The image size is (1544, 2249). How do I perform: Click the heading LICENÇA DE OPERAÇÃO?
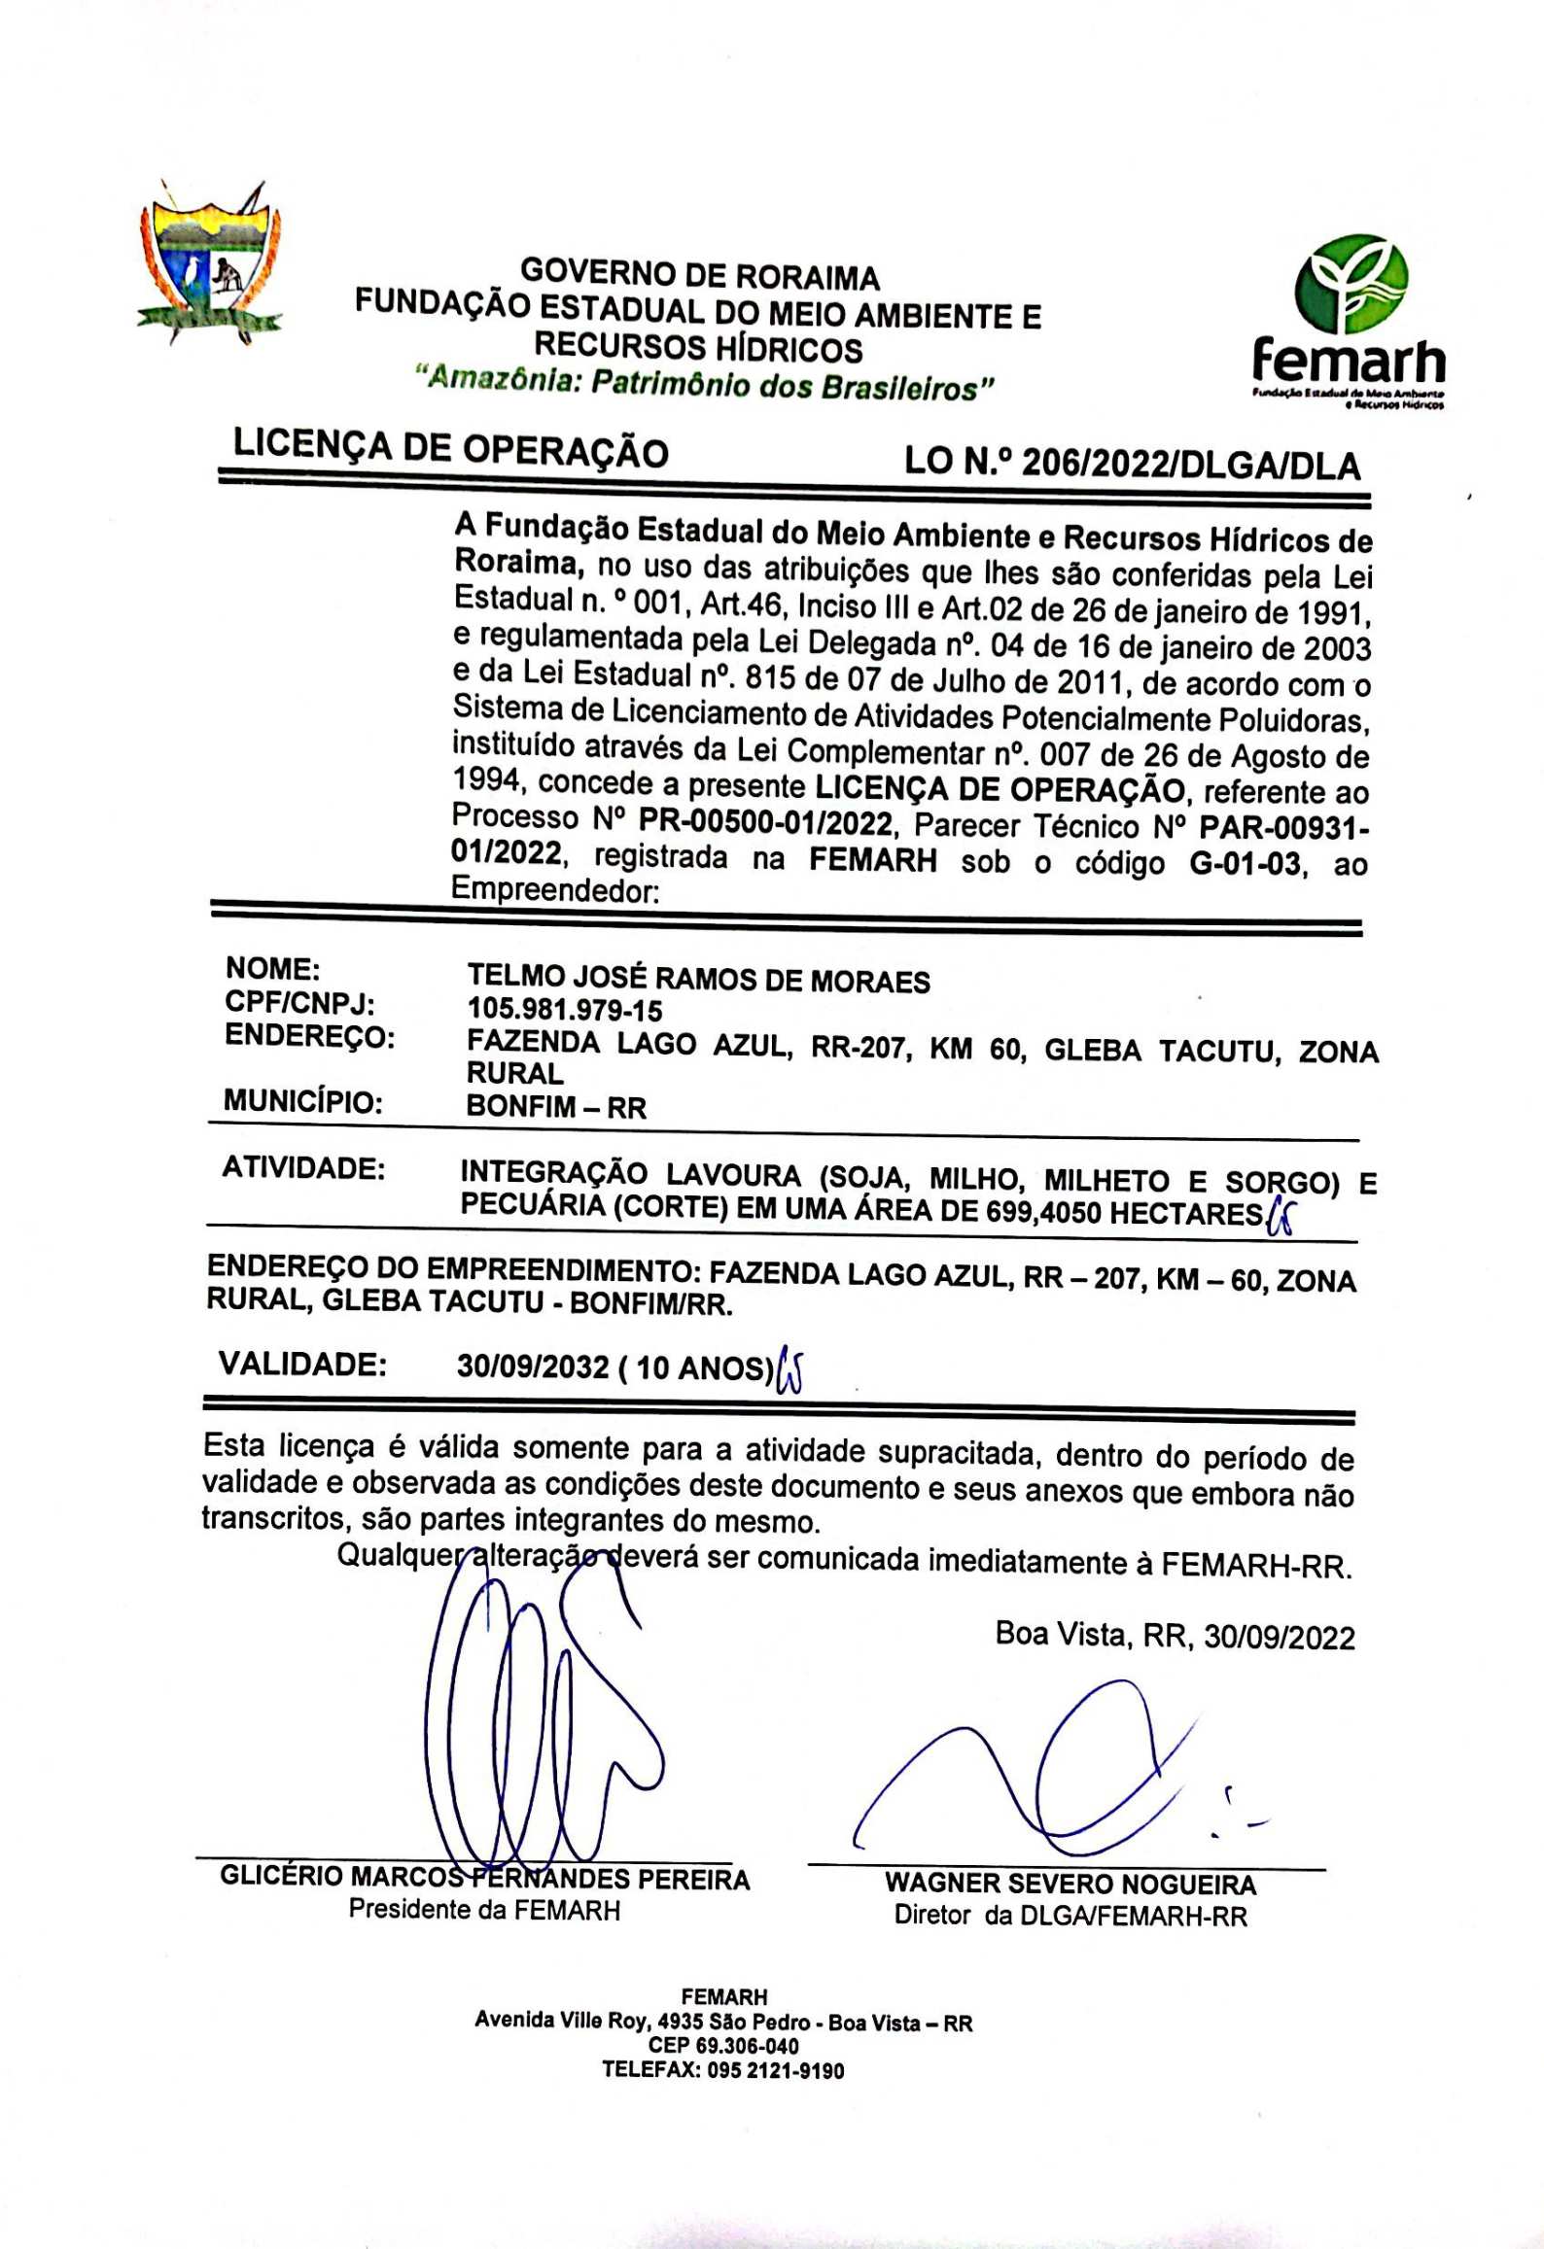[451, 449]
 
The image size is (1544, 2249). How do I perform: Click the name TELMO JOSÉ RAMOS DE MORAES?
[698, 979]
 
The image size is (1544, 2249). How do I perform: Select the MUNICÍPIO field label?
[302, 1102]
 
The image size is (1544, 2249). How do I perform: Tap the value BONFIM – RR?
[556, 1107]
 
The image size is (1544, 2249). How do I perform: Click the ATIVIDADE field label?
[303, 1167]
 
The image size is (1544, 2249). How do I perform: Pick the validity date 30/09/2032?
[533, 1367]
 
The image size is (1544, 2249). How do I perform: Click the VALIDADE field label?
[302, 1364]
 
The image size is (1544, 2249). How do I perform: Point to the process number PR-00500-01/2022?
[765, 824]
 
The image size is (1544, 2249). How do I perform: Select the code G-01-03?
[1245, 863]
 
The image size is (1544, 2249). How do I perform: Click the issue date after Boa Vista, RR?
[1279, 1637]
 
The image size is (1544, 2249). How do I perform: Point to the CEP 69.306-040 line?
[723, 2047]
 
